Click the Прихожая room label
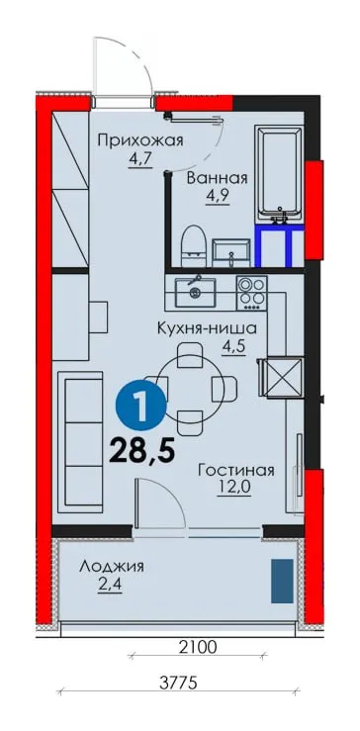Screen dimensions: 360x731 (139, 140)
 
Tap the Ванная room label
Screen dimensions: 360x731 (217, 178)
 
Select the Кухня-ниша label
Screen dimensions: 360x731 (207, 328)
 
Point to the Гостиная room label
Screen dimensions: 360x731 (235, 470)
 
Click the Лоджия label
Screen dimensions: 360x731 (112, 567)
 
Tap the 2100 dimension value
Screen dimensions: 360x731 (199, 647)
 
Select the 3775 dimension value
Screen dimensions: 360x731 (179, 683)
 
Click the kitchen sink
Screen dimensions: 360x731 (196, 292)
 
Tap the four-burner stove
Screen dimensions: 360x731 (252, 293)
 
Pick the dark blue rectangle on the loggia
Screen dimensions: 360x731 (283, 581)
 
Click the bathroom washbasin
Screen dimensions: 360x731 (230, 252)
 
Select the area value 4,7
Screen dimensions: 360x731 (139, 159)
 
